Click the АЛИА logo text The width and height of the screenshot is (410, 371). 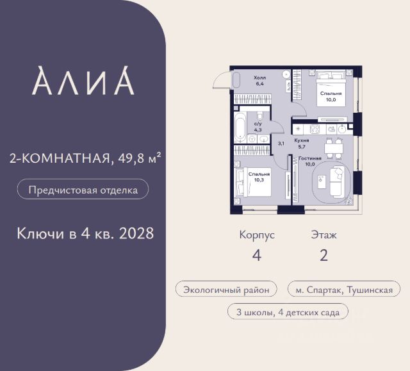[83, 81]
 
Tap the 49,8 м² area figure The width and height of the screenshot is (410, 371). [139, 158]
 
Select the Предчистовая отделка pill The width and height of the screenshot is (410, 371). [83, 189]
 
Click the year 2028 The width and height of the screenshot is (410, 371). [136, 233]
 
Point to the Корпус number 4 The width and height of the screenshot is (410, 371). [256, 256]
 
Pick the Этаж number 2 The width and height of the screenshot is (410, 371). [324, 256]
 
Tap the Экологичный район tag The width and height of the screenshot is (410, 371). [226, 290]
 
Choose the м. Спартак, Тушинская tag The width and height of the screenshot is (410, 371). [344, 290]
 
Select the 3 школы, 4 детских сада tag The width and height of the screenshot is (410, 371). [288, 312]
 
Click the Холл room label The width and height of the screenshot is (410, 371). [259, 78]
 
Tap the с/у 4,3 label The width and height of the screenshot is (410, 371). [258, 127]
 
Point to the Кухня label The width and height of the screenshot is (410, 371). [302, 141]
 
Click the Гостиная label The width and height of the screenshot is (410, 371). [310, 158]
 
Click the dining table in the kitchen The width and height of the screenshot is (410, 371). [333, 149]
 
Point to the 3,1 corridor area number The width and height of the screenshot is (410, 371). [281, 144]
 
